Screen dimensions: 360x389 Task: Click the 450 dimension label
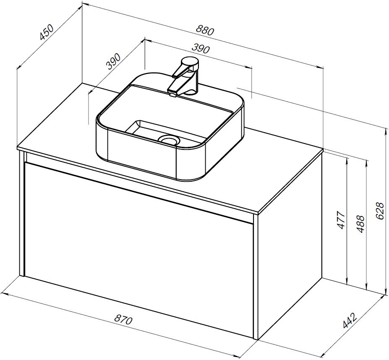(x=47, y=33)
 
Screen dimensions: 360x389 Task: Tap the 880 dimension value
(x=205, y=30)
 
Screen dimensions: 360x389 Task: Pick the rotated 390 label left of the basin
(x=113, y=61)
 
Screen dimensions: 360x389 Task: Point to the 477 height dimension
(x=341, y=220)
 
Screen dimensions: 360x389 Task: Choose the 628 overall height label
(x=379, y=211)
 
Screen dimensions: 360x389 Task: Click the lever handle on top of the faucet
(x=188, y=64)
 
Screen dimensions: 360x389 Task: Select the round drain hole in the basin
(x=170, y=139)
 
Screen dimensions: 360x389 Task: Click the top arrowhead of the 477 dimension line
(x=347, y=159)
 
